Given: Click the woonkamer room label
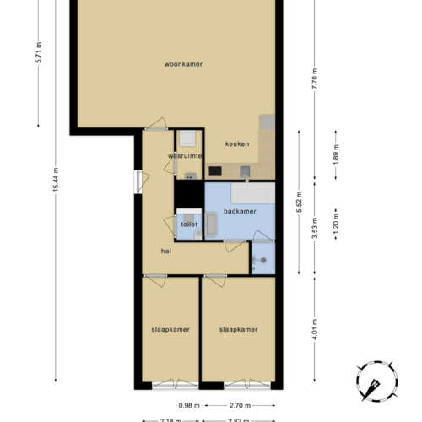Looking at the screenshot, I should (x=183, y=64).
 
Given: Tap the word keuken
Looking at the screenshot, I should (x=237, y=143).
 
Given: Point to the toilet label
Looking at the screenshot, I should (x=189, y=225).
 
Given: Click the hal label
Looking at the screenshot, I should (x=167, y=251).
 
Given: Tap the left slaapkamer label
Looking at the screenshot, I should (x=170, y=329).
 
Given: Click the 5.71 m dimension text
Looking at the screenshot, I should (x=39, y=62).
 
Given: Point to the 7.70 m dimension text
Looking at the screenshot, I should (x=314, y=81).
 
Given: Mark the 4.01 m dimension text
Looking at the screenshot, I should (x=315, y=327).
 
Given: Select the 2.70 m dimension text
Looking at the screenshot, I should (x=237, y=405).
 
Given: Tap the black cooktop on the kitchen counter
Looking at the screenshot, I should (x=215, y=171).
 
